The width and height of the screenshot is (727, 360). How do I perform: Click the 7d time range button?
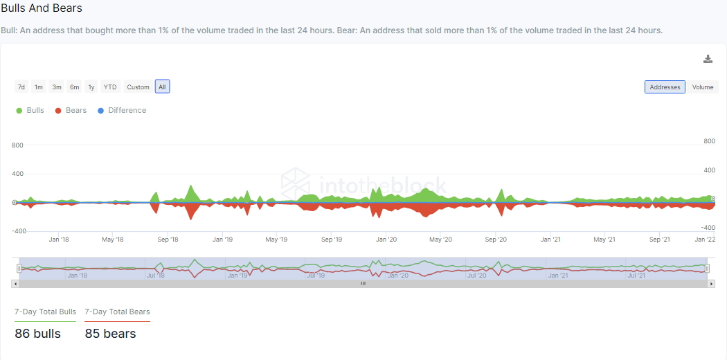21,87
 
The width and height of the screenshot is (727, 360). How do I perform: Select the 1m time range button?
39,87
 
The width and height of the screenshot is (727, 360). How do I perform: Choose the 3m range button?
57,87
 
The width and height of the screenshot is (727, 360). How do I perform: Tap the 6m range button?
74,87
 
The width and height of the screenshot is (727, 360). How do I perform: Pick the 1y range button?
91,87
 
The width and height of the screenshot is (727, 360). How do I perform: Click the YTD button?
110,87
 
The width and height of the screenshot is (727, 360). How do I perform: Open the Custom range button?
138,87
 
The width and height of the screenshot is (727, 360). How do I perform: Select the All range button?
162,87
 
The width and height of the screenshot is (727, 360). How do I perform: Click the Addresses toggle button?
665,87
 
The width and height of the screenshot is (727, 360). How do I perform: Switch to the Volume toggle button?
703,87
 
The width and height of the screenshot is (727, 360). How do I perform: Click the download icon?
708,59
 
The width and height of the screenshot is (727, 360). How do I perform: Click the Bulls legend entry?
30,110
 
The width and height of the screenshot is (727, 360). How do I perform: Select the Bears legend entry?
71,110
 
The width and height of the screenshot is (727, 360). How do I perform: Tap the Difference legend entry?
122,110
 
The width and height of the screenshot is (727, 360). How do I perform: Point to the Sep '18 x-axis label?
168,240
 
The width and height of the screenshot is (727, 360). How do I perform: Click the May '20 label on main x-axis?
440,240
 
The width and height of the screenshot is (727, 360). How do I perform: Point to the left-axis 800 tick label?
17,145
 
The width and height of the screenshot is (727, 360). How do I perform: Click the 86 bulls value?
37,333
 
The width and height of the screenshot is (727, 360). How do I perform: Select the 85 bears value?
110,333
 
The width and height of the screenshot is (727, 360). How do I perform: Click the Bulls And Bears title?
42,8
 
